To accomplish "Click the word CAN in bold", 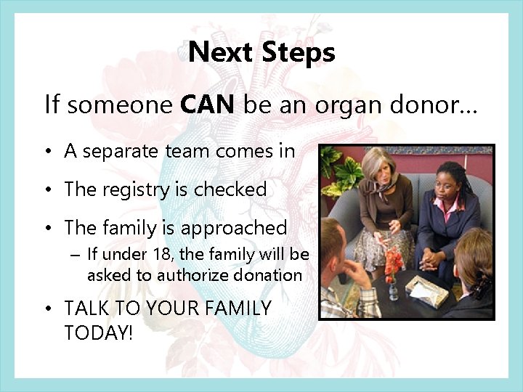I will [207, 106].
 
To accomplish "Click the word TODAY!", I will [100, 332].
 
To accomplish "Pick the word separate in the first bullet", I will [113, 151].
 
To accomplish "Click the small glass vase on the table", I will [392, 290].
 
